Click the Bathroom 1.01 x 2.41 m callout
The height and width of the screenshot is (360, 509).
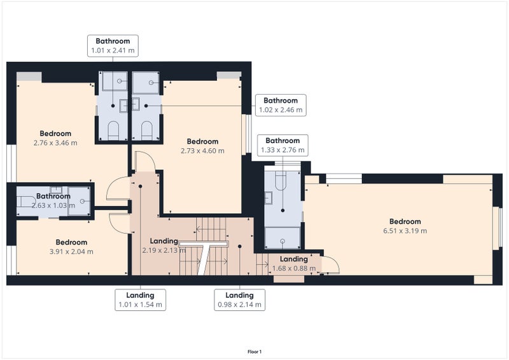coord(113,46)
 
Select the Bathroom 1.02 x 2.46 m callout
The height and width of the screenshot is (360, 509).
coord(281,105)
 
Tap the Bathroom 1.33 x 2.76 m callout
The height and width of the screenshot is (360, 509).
coord(282,145)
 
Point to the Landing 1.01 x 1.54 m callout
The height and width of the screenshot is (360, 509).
coord(140,300)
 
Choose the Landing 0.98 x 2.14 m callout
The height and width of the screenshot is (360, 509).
coord(240,300)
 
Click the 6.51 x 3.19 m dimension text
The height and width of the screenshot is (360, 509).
coord(405,231)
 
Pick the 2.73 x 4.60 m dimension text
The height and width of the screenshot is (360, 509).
coord(202,151)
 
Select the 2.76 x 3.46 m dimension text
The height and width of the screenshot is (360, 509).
coord(55,142)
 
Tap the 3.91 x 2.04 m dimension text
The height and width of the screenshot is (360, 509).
coord(71,251)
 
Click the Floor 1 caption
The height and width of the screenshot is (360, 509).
coord(254,352)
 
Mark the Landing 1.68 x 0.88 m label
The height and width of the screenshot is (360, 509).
coord(294,263)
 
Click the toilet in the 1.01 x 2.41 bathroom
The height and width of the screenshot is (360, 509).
coord(113,130)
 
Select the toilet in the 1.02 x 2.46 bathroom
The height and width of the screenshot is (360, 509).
coord(147,130)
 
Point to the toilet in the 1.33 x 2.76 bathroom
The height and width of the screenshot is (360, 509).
coord(281,180)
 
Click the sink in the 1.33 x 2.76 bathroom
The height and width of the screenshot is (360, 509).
coord(268,198)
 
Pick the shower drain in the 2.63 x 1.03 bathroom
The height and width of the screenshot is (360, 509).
coord(82,201)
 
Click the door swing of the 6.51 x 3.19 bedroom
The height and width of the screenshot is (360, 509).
coord(330,265)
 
